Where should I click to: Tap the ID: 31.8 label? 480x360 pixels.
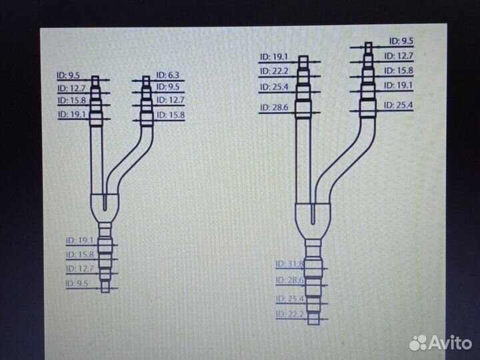[x=289, y=264]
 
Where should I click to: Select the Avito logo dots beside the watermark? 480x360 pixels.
[x=419, y=342]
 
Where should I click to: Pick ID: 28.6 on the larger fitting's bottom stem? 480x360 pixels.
[x=289, y=281]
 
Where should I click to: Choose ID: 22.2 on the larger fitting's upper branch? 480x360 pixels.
[x=275, y=72]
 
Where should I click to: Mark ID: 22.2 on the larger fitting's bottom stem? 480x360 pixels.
[x=289, y=314]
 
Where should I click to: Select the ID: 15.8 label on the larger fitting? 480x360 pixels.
[x=399, y=71]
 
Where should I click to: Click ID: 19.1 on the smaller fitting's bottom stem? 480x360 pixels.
[x=80, y=240]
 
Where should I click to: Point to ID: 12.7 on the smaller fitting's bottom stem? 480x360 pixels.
[x=80, y=269]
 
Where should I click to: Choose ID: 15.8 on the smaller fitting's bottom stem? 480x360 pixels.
[x=80, y=254]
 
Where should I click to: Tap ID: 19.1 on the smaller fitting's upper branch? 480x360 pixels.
[x=71, y=115]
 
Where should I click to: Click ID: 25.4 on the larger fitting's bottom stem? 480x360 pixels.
[x=289, y=298]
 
